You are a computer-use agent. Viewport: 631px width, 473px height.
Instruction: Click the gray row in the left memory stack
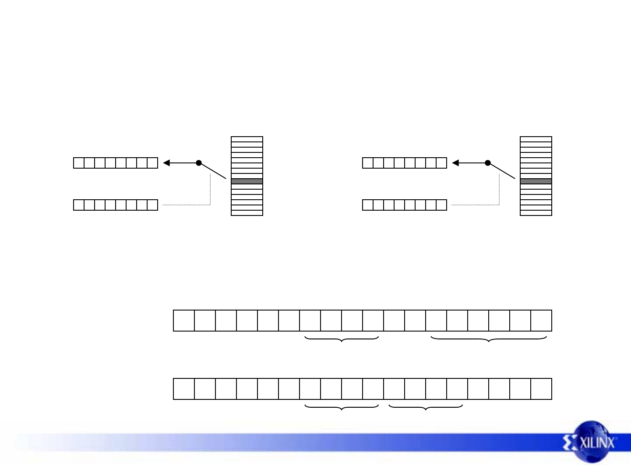click(247, 181)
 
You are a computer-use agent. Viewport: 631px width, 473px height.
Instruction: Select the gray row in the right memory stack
click(536, 181)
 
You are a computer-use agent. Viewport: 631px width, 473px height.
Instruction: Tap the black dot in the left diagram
click(199, 163)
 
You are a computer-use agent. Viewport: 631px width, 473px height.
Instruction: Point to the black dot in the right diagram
click(488, 163)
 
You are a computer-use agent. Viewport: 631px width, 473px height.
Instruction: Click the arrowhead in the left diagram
click(166, 163)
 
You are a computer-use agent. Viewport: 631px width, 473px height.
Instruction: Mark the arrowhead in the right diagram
click(455, 163)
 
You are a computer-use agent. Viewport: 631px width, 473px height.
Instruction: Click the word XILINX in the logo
click(598, 442)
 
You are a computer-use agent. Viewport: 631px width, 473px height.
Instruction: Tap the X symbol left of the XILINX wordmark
click(571, 443)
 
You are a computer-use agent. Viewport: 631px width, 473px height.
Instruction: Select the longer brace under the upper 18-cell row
click(489, 339)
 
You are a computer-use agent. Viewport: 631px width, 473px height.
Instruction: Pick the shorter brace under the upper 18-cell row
click(342, 339)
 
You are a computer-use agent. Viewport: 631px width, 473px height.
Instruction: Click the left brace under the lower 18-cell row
click(342, 407)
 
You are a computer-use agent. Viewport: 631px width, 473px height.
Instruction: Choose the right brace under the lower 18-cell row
click(426, 407)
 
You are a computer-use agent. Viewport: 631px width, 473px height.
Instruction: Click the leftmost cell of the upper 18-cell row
click(184, 321)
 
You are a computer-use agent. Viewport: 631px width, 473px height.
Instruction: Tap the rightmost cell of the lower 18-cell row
click(541, 389)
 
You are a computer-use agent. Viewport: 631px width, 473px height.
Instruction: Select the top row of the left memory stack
click(247, 139)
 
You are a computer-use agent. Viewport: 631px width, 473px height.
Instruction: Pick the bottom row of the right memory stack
click(536, 213)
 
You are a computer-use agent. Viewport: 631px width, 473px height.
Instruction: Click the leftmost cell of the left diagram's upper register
click(79, 163)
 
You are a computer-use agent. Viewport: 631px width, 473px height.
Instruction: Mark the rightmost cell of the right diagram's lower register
click(441, 205)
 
